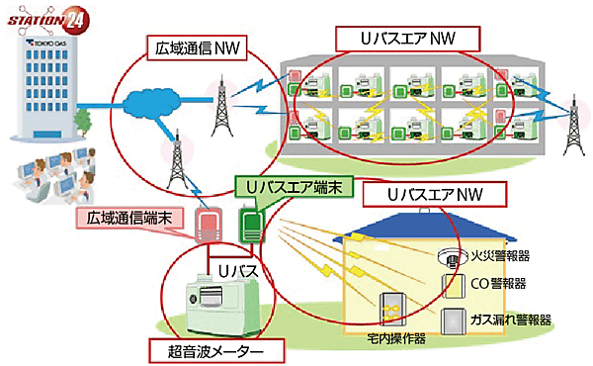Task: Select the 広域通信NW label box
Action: click(195, 46)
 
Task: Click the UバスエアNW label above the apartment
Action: click(406, 38)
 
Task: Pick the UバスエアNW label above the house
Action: click(421, 193)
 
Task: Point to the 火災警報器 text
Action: click(503, 255)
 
